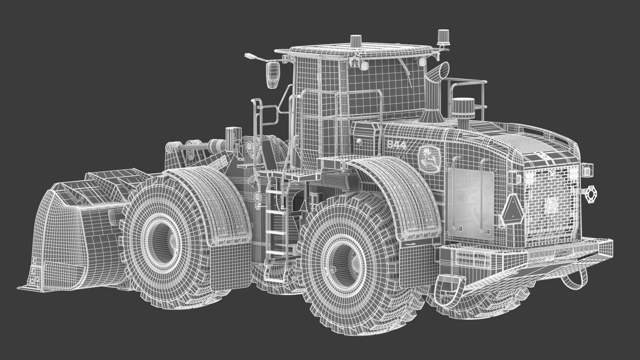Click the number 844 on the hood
(x=396, y=145)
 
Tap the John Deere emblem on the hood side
(x=429, y=160)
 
